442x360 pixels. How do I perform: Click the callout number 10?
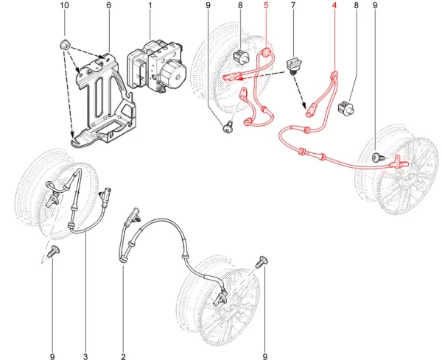(65, 5)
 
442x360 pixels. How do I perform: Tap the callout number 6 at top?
(109, 5)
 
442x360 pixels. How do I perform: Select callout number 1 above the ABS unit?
(150, 5)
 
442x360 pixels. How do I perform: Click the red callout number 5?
(267, 5)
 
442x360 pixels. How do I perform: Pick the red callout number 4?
(334, 5)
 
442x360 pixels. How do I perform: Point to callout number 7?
(293, 5)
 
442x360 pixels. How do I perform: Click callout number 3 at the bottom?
(85, 356)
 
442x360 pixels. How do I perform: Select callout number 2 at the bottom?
(123, 356)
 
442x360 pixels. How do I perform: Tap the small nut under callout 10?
(65, 45)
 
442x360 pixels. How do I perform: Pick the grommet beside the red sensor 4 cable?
(346, 108)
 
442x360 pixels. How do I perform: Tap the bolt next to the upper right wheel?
(377, 158)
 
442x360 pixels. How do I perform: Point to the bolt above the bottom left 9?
(53, 250)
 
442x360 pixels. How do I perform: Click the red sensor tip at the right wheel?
(400, 162)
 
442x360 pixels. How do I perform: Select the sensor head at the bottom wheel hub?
(220, 299)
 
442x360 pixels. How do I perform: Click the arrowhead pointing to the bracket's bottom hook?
(72, 135)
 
